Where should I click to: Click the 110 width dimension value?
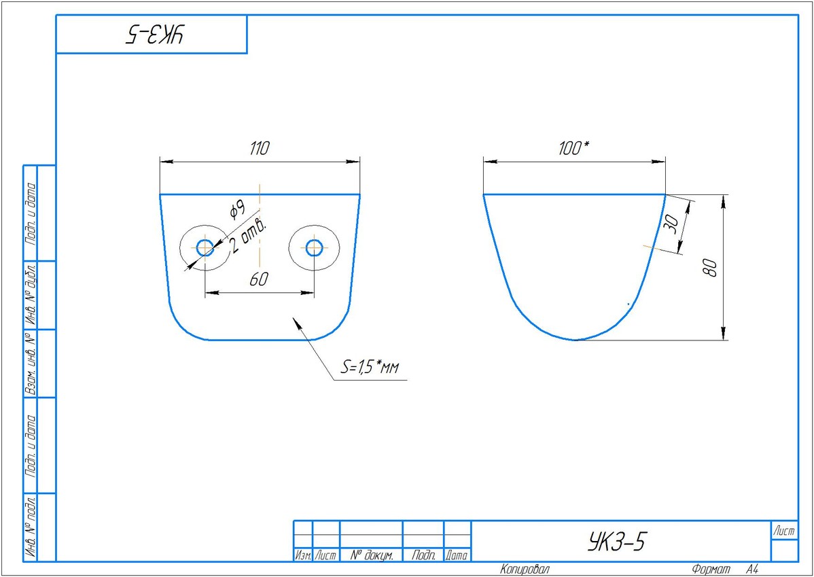coord(260,149)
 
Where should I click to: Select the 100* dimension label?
coord(574,149)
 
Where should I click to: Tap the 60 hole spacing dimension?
coord(258,279)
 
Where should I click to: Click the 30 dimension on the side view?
coord(671,224)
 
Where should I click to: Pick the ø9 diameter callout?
coord(236,208)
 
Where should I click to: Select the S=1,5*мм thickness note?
coord(369,368)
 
